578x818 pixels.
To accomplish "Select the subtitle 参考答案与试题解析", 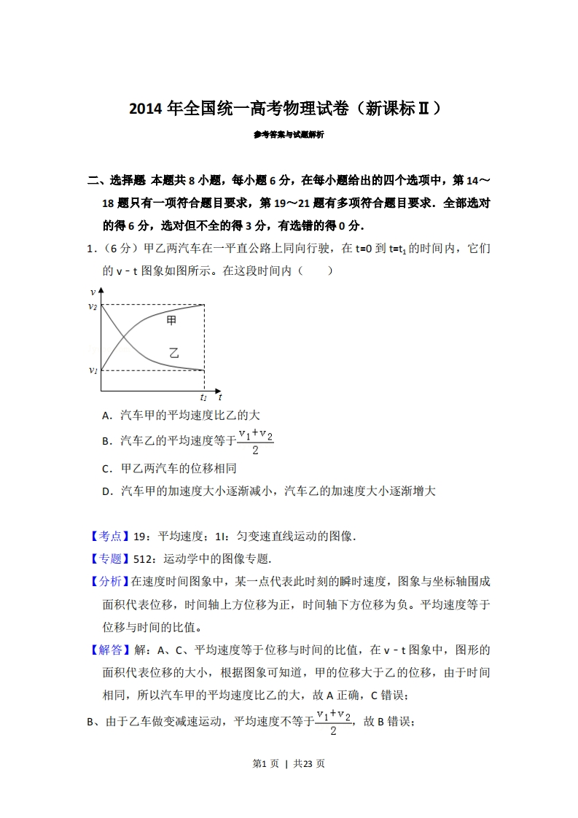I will coord(289,135).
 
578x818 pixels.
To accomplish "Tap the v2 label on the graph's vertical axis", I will coord(93,306).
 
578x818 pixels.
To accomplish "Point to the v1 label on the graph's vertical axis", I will coord(93,370).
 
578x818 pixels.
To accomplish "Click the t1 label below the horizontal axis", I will coord(203,397).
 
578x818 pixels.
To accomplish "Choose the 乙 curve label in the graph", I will coord(173,353).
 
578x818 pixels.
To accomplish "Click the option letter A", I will coord(106,416).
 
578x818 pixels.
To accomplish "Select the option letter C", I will coord(106,469).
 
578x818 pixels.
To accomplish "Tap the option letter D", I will coord(106,491).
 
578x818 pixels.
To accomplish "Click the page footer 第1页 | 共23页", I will coord(288,764).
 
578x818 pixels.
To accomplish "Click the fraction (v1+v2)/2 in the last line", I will coord(333,722).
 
